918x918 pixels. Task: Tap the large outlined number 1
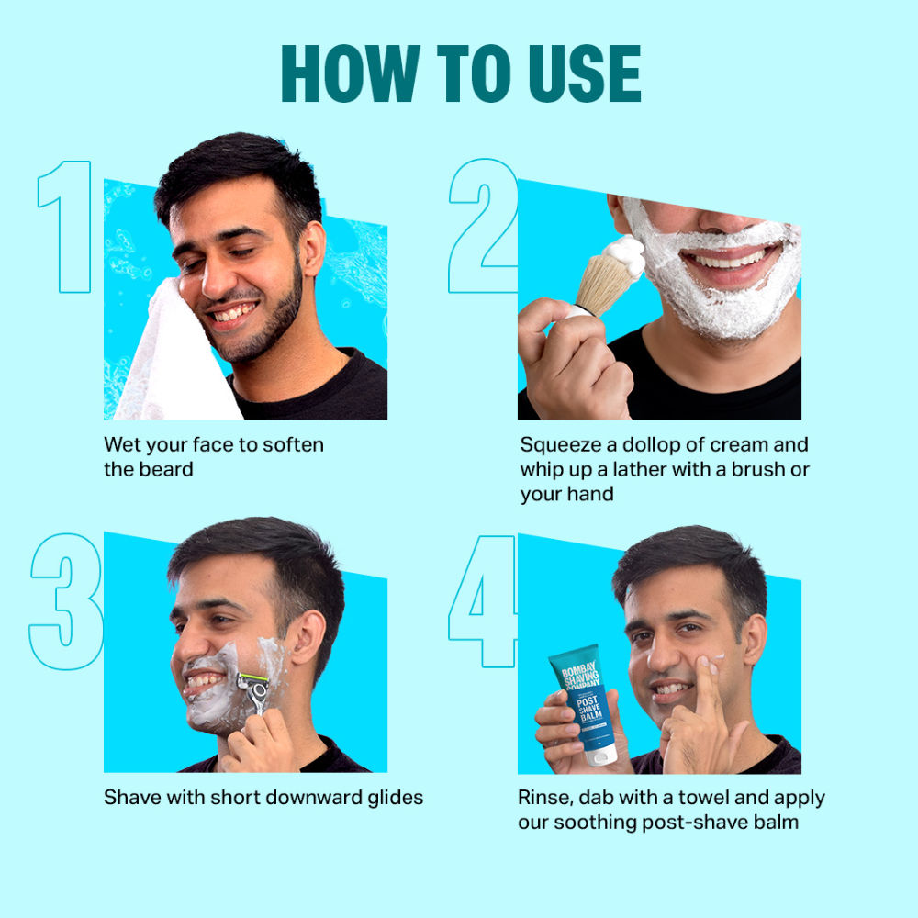coord(66,227)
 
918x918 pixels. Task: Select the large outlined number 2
coord(483,227)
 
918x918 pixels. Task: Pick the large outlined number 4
coord(483,601)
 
